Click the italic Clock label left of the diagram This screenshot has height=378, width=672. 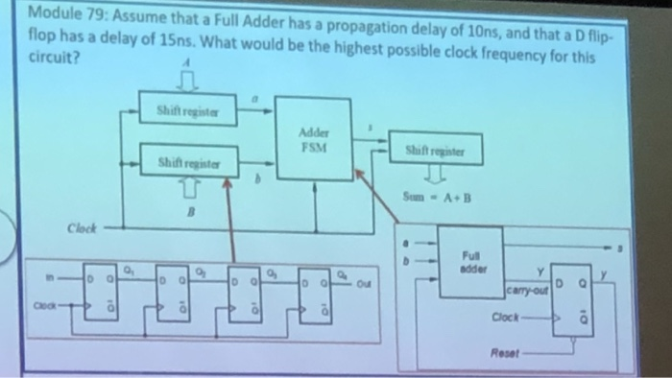pos(84,230)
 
